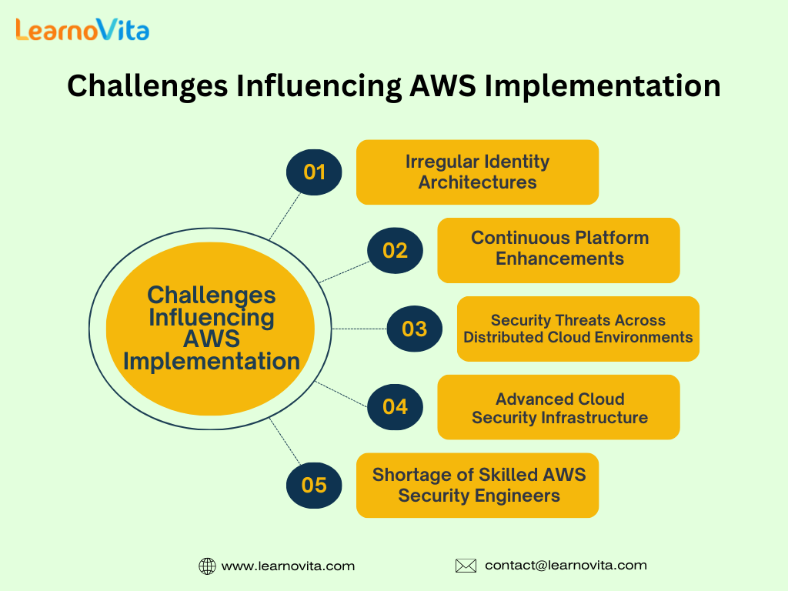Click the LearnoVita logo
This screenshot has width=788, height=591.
point(82,30)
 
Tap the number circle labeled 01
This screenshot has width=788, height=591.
point(314,172)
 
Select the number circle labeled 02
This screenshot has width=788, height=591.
point(395,250)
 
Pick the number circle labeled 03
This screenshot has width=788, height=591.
point(415,329)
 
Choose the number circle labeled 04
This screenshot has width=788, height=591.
point(395,407)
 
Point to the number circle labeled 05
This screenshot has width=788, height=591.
point(314,486)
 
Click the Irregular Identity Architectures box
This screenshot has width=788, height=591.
point(477,172)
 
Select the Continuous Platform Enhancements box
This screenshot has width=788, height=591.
point(559,250)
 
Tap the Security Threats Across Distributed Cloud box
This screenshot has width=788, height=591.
point(579,329)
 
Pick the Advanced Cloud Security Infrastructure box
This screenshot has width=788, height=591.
point(559,407)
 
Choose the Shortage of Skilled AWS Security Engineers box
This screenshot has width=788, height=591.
point(477,486)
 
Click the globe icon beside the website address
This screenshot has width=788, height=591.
point(207,566)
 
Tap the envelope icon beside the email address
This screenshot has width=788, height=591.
point(466,566)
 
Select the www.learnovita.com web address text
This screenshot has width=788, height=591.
point(288,566)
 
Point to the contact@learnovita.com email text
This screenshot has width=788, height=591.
point(566,566)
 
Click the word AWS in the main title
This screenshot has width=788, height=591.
point(442,85)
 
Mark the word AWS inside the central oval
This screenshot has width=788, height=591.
point(212,339)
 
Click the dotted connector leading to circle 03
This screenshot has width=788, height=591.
point(359,329)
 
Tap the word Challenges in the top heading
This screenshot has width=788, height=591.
point(147,86)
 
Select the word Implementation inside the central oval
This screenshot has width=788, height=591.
point(212,362)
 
